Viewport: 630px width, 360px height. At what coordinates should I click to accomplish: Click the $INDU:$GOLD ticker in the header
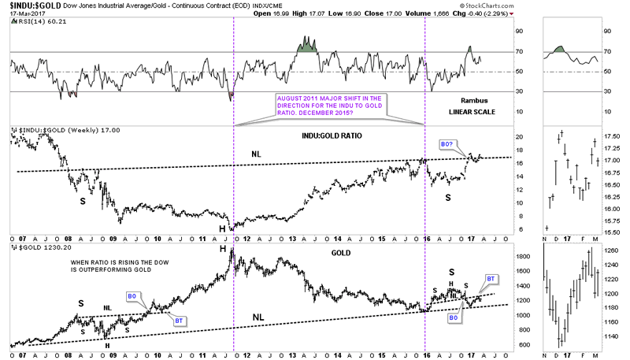[31, 6]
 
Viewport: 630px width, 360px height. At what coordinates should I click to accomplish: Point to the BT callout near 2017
[491, 279]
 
